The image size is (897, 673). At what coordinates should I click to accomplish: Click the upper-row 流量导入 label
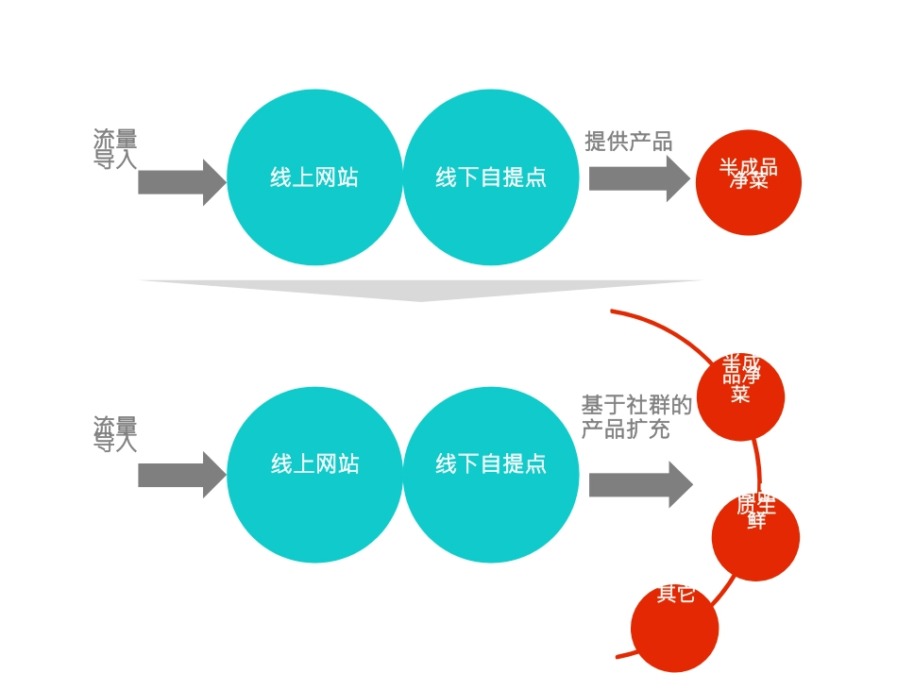(115, 149)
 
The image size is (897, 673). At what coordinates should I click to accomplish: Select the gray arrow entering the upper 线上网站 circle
(180, 182)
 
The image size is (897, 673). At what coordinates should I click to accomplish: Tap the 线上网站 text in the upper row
(314, 177)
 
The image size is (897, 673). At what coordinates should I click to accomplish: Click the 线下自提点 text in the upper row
(491, 177)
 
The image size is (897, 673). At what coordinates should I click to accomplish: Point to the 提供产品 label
(628, 142)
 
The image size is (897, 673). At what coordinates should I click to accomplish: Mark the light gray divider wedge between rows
(421, 289)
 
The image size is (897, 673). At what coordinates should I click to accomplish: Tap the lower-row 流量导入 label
(115, 434)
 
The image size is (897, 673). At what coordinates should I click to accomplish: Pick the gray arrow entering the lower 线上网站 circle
(180, 475)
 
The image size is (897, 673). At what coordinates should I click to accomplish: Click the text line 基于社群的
(636, 406)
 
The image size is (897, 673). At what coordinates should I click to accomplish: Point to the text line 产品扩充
(625, 429)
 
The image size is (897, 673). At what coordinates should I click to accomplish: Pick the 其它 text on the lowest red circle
(676, 594)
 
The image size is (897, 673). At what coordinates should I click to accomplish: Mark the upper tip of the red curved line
(612, 311)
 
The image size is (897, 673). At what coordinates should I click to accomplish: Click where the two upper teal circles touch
(403, 177)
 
